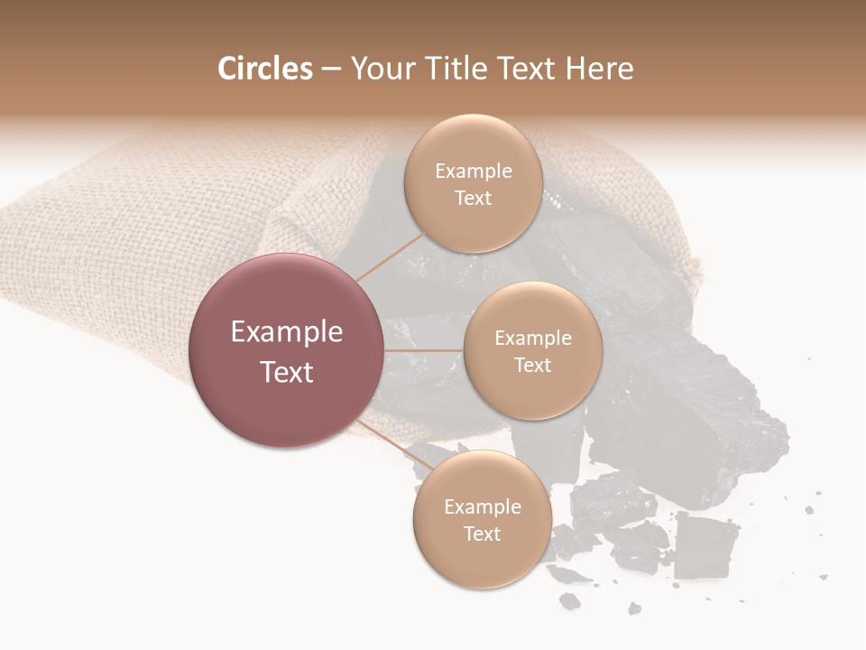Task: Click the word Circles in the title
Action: (265, 69)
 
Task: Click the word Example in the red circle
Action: (287, 332)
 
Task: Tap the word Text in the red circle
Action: (287, 372)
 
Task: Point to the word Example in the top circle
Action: (474, 172)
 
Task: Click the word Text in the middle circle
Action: (532, 365)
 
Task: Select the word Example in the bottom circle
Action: (483, 506)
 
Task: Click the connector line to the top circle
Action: (390, 255)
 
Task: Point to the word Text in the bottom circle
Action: (482, 534)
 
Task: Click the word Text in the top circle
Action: (473, 198)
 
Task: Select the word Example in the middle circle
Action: (533, 338)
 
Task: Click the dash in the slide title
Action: (330, 69)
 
